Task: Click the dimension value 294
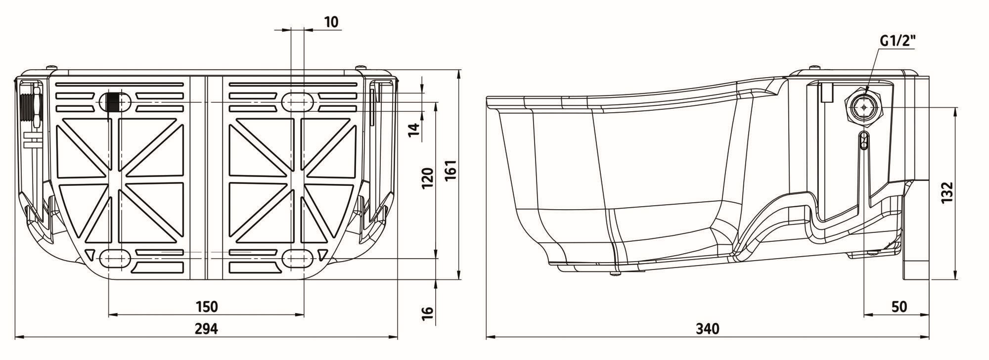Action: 206,328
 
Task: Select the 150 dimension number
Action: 206,307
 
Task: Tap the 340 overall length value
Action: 708,328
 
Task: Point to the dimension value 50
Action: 899,307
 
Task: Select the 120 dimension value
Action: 428,178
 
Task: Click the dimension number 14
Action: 414,130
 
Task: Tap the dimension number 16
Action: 428,312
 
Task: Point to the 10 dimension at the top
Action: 331,22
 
